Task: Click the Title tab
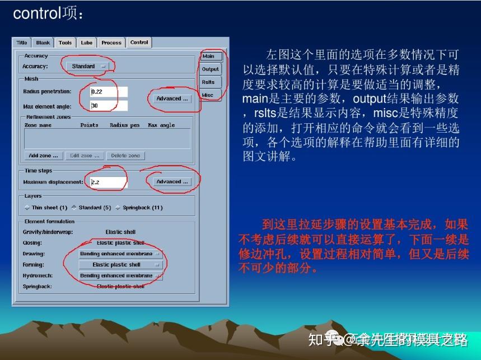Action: [22, 43]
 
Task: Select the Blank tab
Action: [43, 43]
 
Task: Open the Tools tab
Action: [65, 43]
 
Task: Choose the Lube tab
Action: [86, 43]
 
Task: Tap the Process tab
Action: [111, 43]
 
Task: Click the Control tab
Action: [139, 43]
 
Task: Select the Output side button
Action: [210, 69]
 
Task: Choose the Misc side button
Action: [207, 95]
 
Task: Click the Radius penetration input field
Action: [109, 91]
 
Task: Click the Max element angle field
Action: [109, 106]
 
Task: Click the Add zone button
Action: [43, 156]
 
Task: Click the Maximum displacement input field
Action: [109, 182]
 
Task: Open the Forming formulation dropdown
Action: [120, 265]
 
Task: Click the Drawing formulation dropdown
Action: [120, 254]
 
